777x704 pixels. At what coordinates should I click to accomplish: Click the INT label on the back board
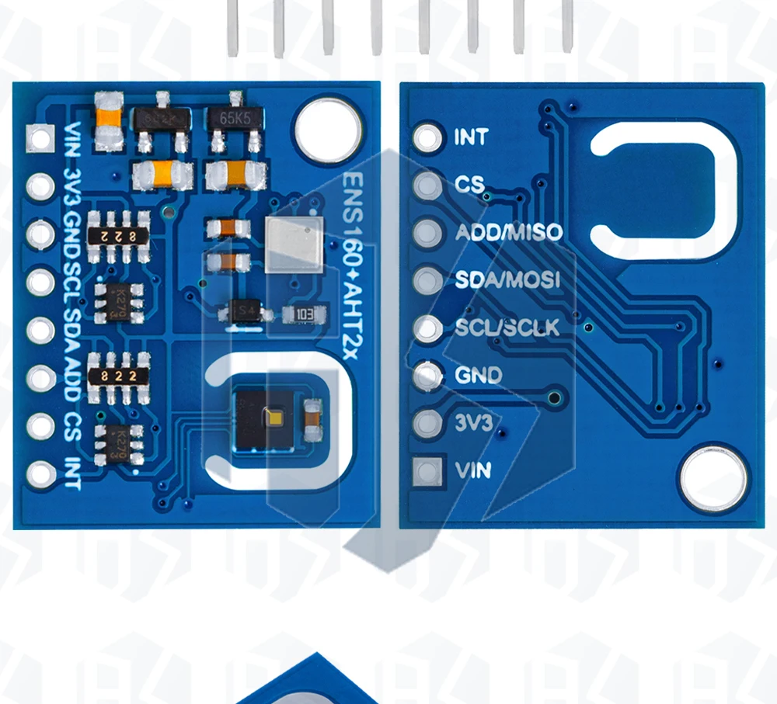[x=471, y=137]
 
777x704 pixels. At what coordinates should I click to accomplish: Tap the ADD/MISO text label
[x=508, y=232]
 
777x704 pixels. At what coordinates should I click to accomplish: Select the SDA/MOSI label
[x=507, y=280]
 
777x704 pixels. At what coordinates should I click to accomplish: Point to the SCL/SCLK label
[x=507, y=328]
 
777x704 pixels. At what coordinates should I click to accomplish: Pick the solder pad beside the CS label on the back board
[x=427, y=186]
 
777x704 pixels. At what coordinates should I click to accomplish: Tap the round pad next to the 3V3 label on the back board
[x=427, y=423]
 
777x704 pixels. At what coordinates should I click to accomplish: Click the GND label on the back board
[x=479, y=376]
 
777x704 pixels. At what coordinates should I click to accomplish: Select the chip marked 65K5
[x=232, y=121]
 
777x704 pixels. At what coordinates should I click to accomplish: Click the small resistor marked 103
[x=301, y=314]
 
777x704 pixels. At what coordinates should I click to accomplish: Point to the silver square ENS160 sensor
[x=293, y=244]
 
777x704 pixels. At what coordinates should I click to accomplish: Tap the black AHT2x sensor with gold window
[x=264, y=419]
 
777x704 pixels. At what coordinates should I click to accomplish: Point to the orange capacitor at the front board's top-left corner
[x=109, y=120]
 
